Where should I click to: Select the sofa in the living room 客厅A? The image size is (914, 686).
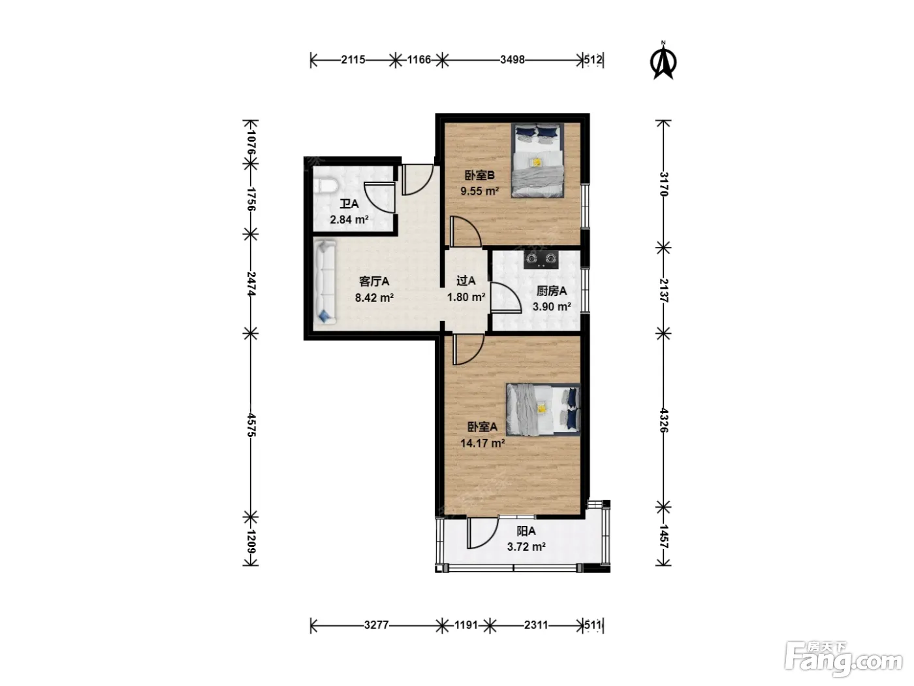(x=324, y=282)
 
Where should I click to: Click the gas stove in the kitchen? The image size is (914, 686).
(x=541, y=259)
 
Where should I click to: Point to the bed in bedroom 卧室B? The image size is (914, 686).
(x=537, y=160)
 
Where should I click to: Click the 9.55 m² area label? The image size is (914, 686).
(x=479, y=191)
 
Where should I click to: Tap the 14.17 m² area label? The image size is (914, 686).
(x=482, y=443)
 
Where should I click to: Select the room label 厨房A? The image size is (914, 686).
(x=551, y=291)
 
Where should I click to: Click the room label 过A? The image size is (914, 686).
(x=466, y=281)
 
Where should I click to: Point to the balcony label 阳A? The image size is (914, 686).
(x=526, y=531)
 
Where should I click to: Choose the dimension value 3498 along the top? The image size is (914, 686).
(x=512, y=60)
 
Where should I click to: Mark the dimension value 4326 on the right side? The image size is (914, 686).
(x=664, y=420)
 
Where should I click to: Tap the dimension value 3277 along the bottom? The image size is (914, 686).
(x=377, y=625)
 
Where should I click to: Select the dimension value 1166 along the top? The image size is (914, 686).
(x=419, y=60)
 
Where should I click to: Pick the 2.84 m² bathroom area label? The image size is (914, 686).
(x=349, y=220)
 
